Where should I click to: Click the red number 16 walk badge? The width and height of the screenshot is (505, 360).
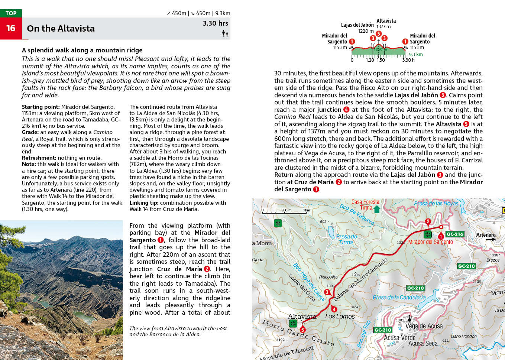11,28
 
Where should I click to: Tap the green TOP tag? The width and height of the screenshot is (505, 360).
11,13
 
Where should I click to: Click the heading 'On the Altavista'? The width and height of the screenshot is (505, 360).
61,29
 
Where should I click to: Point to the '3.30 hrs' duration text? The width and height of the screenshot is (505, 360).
215,23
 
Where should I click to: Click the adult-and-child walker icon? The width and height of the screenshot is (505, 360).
225,34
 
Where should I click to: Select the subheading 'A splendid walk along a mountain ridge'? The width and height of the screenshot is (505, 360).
82,50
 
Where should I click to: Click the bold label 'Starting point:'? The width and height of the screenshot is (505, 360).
41,107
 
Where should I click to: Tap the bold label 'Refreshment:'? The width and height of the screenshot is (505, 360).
39,158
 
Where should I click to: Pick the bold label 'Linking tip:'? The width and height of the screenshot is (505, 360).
144,203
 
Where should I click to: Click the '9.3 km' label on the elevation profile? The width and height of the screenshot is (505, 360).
416,54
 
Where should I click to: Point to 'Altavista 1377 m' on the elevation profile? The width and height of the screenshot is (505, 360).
386,24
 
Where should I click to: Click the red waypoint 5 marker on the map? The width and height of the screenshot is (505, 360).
302,330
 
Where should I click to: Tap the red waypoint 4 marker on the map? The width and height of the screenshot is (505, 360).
334,309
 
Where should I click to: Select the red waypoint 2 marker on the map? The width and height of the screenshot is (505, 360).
428,221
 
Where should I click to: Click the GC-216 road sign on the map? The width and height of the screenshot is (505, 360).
455,234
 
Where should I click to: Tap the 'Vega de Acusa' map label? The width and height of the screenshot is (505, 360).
424,326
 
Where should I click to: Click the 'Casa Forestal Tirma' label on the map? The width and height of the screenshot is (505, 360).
366,205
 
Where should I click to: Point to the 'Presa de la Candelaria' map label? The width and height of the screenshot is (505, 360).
399,297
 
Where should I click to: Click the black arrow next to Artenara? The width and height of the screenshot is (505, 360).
491,239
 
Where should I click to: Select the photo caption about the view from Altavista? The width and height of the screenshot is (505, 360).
178,331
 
